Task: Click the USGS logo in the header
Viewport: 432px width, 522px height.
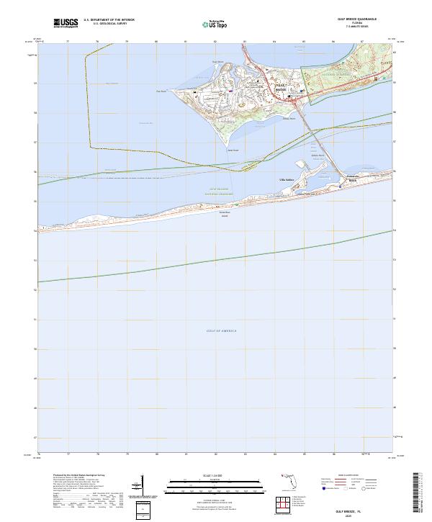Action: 66,24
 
